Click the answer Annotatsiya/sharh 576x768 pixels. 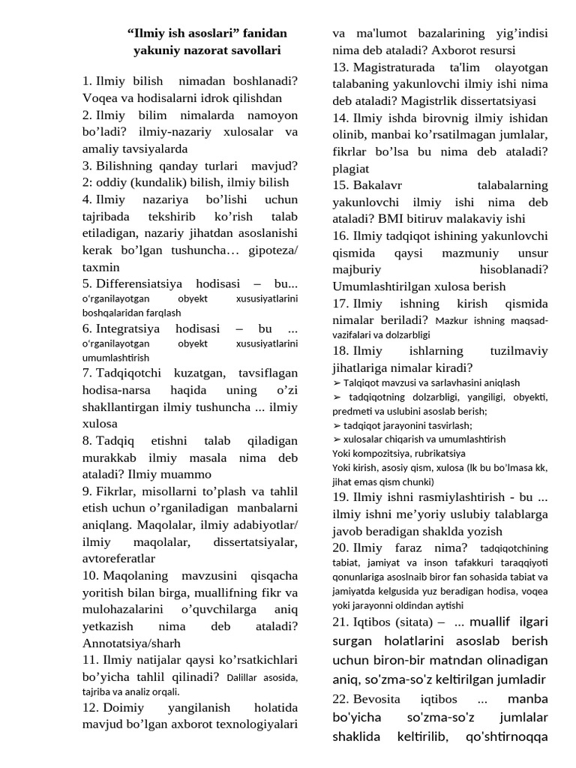point(131,643)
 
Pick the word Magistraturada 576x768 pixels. point(393,67)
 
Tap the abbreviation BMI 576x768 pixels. point(388,219)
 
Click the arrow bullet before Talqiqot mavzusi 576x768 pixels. point(337,382)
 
